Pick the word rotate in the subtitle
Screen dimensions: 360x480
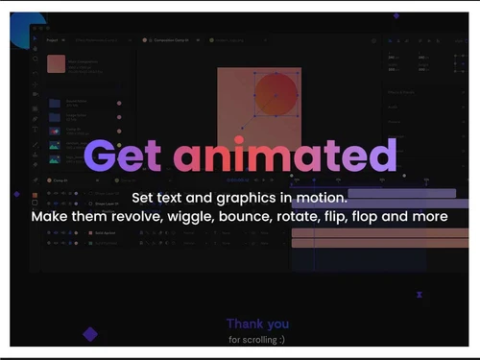point(306,217)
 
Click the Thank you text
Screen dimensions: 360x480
point(257,324)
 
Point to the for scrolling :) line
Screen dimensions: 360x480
point(256,339)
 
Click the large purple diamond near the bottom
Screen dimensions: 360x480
point(90,334)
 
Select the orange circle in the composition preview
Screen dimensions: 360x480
point(276,94)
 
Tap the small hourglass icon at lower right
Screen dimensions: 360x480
point(420,296)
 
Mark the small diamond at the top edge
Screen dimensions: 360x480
point(396,15)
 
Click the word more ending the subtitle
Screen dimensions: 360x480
point(429,217)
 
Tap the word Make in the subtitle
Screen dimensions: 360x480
point(51,217)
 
